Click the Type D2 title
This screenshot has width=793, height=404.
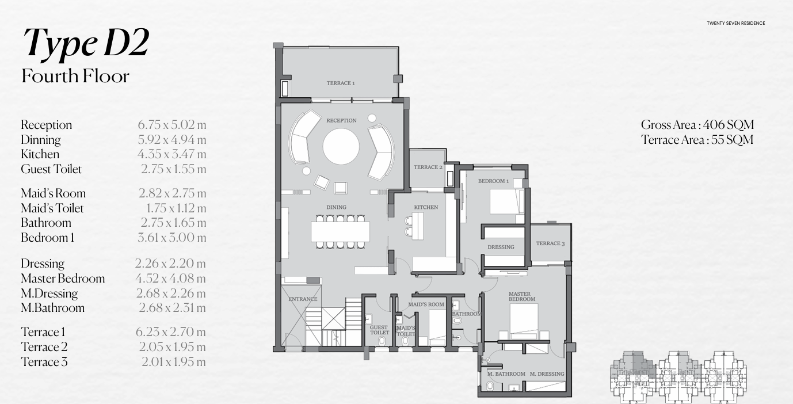86,44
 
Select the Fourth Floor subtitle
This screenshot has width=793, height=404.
75,76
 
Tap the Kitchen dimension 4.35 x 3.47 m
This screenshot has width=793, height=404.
171,154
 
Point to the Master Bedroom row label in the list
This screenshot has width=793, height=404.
63,279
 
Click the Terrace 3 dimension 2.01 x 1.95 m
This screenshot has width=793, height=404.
173,362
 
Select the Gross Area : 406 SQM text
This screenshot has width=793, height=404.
697,125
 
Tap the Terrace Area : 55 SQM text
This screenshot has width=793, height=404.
697,140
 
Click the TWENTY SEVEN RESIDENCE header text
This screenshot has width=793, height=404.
735,24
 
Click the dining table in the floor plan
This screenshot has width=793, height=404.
341,231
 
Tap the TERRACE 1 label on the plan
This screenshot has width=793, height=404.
341,83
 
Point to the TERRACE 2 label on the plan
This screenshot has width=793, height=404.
428,167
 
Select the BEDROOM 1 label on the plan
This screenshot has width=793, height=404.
493,181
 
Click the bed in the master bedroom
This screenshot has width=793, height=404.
524,320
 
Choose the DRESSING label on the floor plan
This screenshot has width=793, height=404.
501,247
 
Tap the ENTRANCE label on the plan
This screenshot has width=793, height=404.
303,299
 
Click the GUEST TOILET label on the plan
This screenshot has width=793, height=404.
379,330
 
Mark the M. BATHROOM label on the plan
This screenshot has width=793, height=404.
506,374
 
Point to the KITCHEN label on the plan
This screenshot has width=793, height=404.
426,207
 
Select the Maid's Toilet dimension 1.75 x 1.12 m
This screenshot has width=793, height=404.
176,208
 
